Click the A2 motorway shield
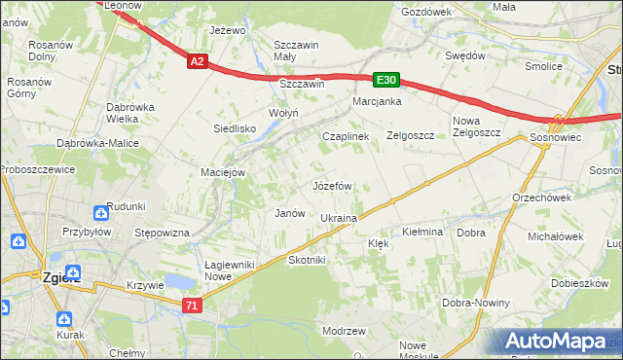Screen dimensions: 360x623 pos(197,61)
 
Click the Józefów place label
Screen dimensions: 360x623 pos(331,185)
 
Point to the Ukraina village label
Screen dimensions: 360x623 pos(339,218)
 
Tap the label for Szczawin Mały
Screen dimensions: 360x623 pos(298,51)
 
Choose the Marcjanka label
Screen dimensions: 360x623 pos(378,101)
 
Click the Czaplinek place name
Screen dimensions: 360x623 pos(346,137)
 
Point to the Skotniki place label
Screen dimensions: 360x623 pos(308,261)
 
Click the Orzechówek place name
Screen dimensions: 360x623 pos(540,197)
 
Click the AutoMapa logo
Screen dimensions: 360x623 pos(559,341)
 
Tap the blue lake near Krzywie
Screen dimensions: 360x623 pos(179,282)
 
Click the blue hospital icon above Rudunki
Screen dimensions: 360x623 pos(102,213)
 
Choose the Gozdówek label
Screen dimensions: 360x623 pos(425,11)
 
